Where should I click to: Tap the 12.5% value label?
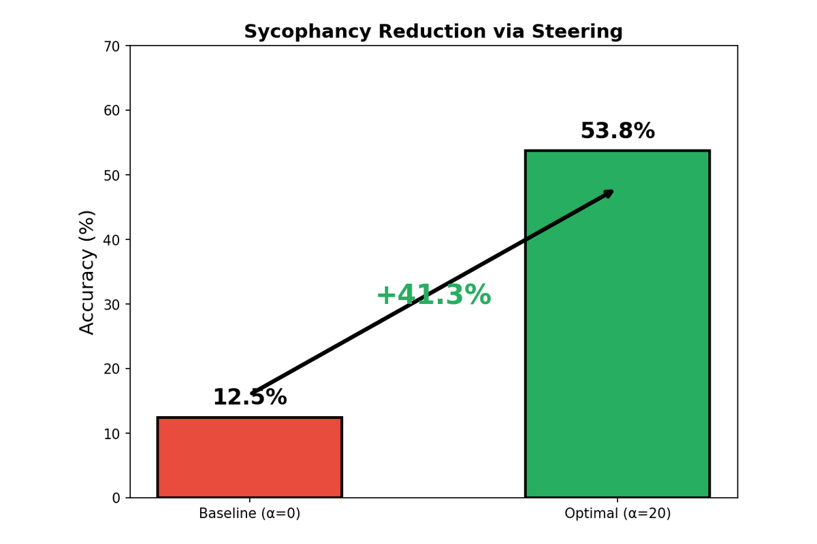click(249, 398)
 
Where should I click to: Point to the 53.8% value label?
click(617, 131)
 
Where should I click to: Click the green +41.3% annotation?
click(433, 295)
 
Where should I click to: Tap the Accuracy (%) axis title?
click(87, 272)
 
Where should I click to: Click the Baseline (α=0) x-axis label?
click(249, 514)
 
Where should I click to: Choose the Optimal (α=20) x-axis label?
click(617, 514)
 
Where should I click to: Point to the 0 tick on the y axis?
click(116, 498)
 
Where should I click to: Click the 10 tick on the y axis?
click(112, 433)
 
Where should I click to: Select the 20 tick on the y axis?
click(112, 369)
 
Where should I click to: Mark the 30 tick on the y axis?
click(112, 304)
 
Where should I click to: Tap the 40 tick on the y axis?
click(112, 239)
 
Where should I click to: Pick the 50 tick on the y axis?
click(112, 175)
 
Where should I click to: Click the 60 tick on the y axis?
click(112, 110)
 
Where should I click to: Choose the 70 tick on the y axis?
click(112, 46)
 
